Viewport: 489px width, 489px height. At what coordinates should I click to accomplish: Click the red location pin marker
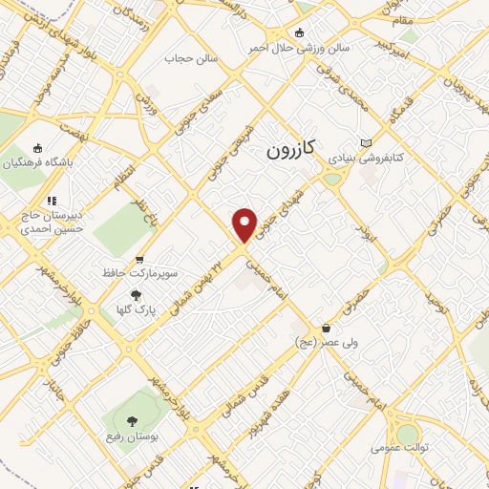coord(245,224)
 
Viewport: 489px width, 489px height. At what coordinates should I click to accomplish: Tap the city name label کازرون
coord(288,151)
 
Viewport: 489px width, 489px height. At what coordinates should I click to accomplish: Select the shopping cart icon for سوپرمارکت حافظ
coord(139,258)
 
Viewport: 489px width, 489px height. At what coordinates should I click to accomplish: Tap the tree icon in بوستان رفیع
coord(130,420)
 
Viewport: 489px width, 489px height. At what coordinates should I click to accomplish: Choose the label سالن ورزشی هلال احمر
coord(298,46)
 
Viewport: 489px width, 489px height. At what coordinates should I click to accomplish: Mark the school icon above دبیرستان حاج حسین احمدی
coord(52,201)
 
